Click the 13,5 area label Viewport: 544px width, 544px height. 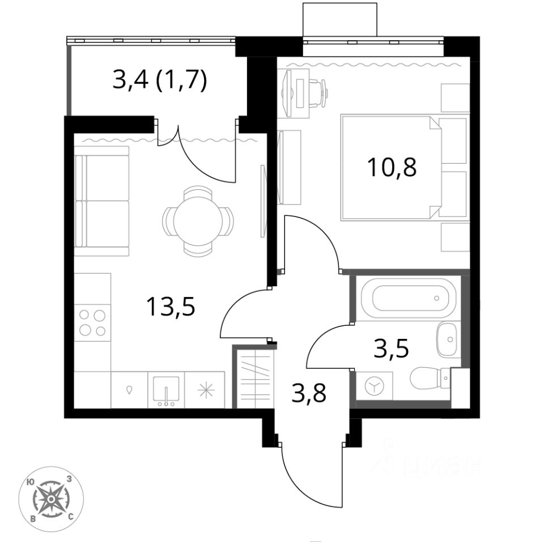(x=171, y=307)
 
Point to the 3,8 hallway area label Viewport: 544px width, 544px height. (x=309, y=392)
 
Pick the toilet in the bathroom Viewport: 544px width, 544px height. (x=430, y=378)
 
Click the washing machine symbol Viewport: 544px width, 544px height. (x=375, y=386)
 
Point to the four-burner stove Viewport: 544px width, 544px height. (x=92, y=322)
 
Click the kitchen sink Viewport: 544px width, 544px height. (x=166, y=390)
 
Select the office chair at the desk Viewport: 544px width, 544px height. (x=318, y=93)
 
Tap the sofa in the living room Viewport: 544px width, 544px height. (x=101, y=201)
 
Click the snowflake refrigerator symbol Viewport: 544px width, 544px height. (x=206, y=390)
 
